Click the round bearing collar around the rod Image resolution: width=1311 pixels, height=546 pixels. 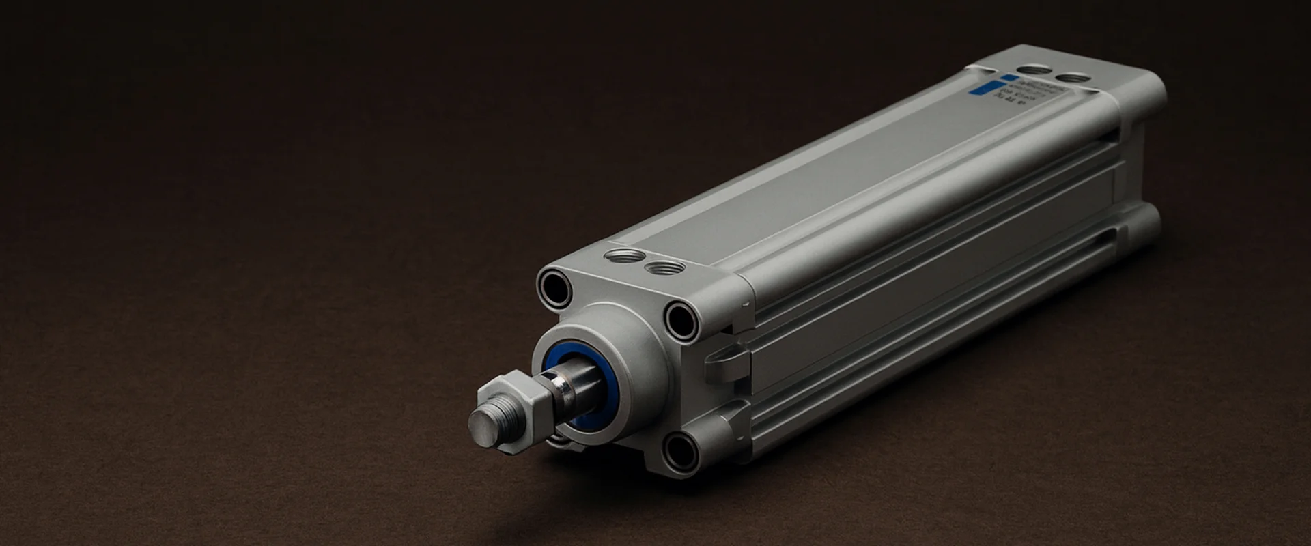coord(608,348)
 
